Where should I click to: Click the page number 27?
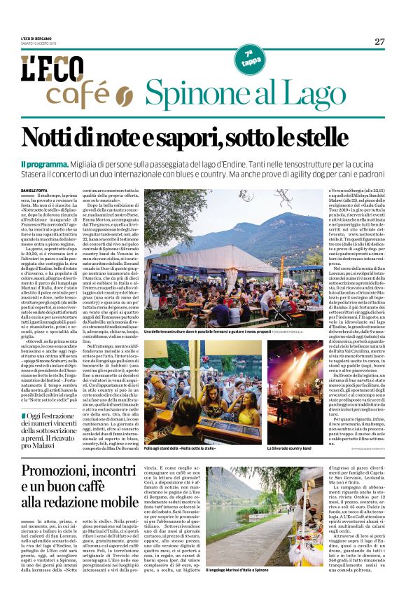pyautogui.click(x=379, y=41)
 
